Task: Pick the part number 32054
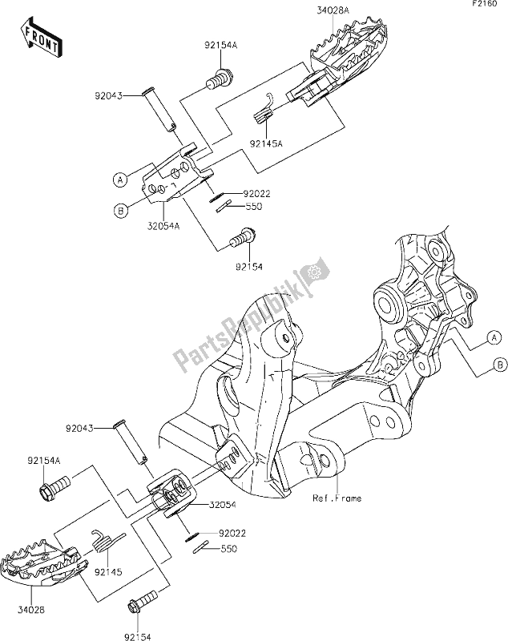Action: point(224,506)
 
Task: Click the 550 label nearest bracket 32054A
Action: point(254,206)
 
